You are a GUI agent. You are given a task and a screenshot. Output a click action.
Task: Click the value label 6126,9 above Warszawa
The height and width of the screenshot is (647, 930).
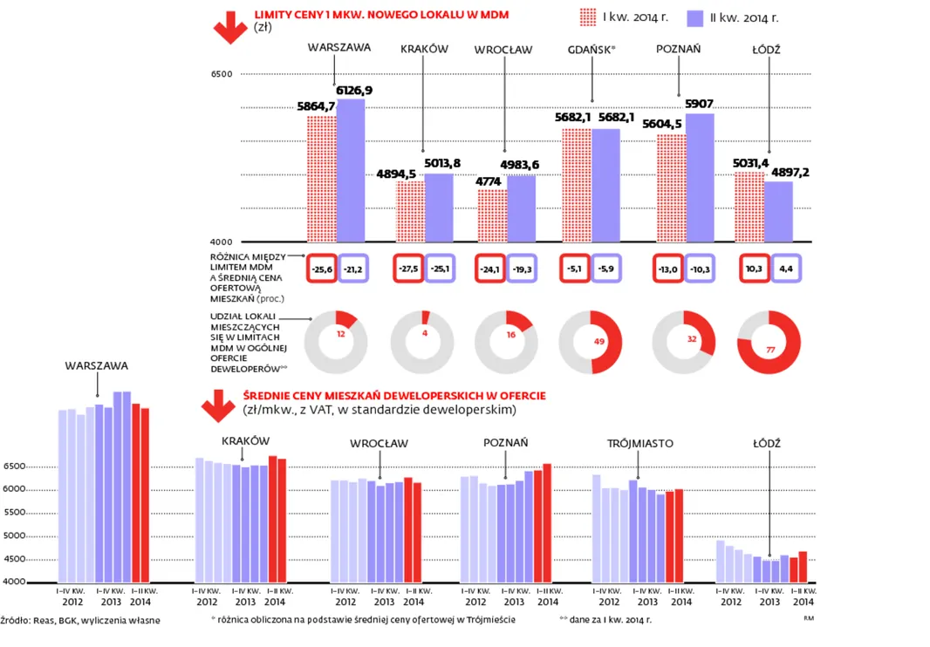[x=355, y=90]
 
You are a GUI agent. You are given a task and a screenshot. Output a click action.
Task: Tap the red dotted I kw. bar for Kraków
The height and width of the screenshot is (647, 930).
[x=411, y=211]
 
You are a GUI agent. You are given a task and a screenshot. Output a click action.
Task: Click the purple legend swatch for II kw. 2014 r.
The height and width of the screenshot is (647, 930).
[x=696, y=17]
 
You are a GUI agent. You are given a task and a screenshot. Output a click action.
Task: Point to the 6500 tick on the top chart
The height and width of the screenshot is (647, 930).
[x=222, y=75]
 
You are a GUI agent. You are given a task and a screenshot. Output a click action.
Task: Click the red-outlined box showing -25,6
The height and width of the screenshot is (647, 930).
[x=320, y=269]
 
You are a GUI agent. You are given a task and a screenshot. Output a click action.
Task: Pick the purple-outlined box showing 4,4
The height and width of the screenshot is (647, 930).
[x=785, y=269]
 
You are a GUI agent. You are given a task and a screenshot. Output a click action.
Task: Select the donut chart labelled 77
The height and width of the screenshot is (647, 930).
[x=769, y=342]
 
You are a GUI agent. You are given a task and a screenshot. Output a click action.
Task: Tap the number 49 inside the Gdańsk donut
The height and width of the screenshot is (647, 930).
[x=599, y=342]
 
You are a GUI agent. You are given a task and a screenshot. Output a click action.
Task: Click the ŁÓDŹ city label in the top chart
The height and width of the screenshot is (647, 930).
[x=767, y=50]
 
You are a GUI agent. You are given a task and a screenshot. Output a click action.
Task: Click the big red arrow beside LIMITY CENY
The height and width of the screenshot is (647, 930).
[x=230, y=27]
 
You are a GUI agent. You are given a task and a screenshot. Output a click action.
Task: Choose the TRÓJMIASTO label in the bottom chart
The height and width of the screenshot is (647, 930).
[x=639, y=444]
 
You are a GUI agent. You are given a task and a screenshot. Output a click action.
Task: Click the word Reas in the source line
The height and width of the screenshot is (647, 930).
[x=43, y=621]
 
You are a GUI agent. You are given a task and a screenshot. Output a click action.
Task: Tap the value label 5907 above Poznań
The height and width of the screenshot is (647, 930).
[x=699, y=104]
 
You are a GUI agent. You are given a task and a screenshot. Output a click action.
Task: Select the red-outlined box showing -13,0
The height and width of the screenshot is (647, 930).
[x=667, y=269]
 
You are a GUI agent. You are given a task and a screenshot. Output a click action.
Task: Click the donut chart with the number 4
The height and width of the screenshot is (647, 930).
[x=422, y=342]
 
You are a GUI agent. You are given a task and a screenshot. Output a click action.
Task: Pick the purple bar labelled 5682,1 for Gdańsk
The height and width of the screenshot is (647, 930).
[x=606, y=185]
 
